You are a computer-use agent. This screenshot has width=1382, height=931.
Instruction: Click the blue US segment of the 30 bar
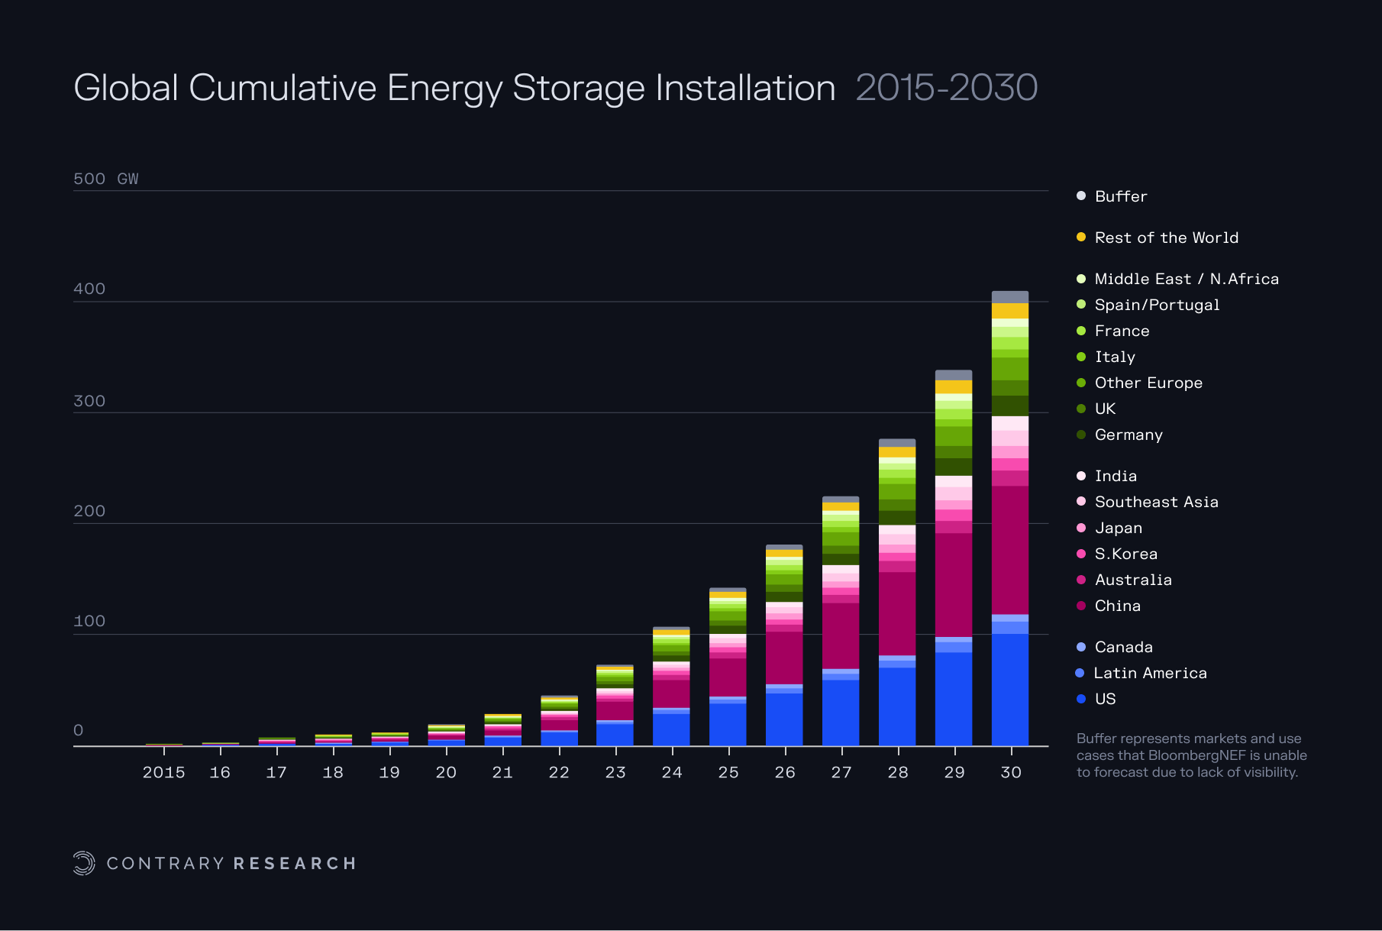[1009, 689]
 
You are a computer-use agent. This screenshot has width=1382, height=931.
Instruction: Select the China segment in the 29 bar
[953, 584]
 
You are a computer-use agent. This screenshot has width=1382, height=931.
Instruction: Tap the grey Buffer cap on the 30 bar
[1009, 297]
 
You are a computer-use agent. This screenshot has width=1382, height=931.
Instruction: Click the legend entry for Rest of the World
[1166, 238]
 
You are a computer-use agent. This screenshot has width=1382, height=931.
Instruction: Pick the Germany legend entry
[1128, 435]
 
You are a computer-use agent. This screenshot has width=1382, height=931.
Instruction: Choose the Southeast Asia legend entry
[1156, 502]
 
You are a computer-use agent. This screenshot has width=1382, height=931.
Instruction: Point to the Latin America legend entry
[1150, 673]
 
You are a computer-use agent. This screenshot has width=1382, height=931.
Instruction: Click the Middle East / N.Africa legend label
[1186, 279]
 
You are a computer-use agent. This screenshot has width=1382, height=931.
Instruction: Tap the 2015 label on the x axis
[163, 772]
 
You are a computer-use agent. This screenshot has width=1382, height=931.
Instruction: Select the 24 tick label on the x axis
[672, 772]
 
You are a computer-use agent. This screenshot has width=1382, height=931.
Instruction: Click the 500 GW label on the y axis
[105, 179]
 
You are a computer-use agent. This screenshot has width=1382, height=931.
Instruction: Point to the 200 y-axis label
[89, 511]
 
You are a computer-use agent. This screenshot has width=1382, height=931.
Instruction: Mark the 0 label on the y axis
[78, 730]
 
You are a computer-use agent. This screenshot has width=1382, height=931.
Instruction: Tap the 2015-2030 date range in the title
[946, 88]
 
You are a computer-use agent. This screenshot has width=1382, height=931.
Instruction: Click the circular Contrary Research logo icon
[84, 863]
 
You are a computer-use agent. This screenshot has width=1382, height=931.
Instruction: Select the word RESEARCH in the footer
[295, 863]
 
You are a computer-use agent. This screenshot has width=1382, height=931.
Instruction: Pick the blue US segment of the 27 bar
[840, 712]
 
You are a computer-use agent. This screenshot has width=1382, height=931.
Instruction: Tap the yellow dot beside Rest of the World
[1081, 238]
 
